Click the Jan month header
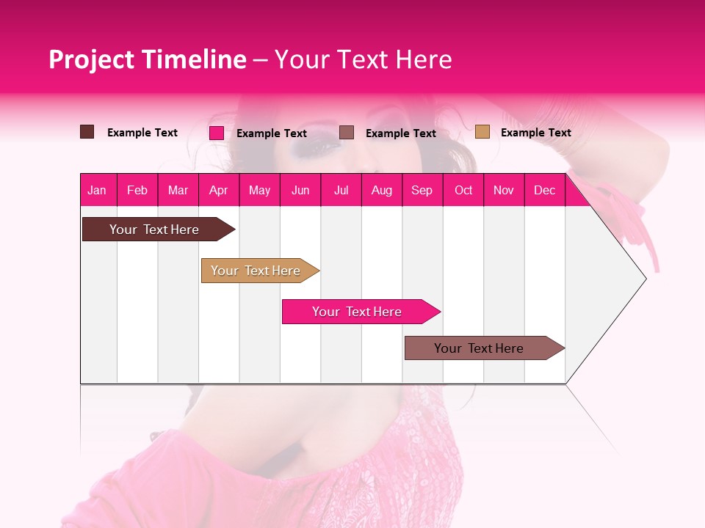click(x=97, y=191)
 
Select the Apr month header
click(x=218, y=191)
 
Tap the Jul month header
click(x=341, y=191)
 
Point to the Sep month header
click(x=422, y=191)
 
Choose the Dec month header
click(x=544, y=191)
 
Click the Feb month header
click(x=137, y=191)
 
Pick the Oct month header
click(x=463, y=191)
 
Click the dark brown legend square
click(x=87, y=132)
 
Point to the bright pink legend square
click(x=217, y=133)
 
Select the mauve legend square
click(x=347, y=133)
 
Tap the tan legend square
click(x=482, y=132)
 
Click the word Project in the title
click(x=92, y=59)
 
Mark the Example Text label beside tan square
click(x=535, y=133)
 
